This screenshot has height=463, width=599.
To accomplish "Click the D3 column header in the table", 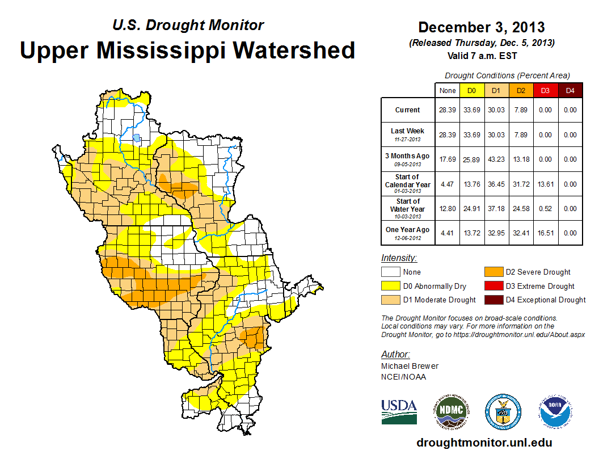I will (545, 90).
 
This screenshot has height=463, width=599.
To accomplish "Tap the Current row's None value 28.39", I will (448, 110).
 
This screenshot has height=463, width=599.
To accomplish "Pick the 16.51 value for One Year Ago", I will (545, 233).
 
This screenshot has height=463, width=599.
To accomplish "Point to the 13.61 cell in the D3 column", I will (545, 184).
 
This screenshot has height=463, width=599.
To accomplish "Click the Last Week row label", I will (408, 134).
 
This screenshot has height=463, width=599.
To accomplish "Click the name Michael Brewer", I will (410, 366).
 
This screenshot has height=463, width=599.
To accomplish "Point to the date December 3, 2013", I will (481, 27).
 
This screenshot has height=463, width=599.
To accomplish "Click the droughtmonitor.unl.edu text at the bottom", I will (484, 443).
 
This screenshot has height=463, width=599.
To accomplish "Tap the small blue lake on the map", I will (136, 137).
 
